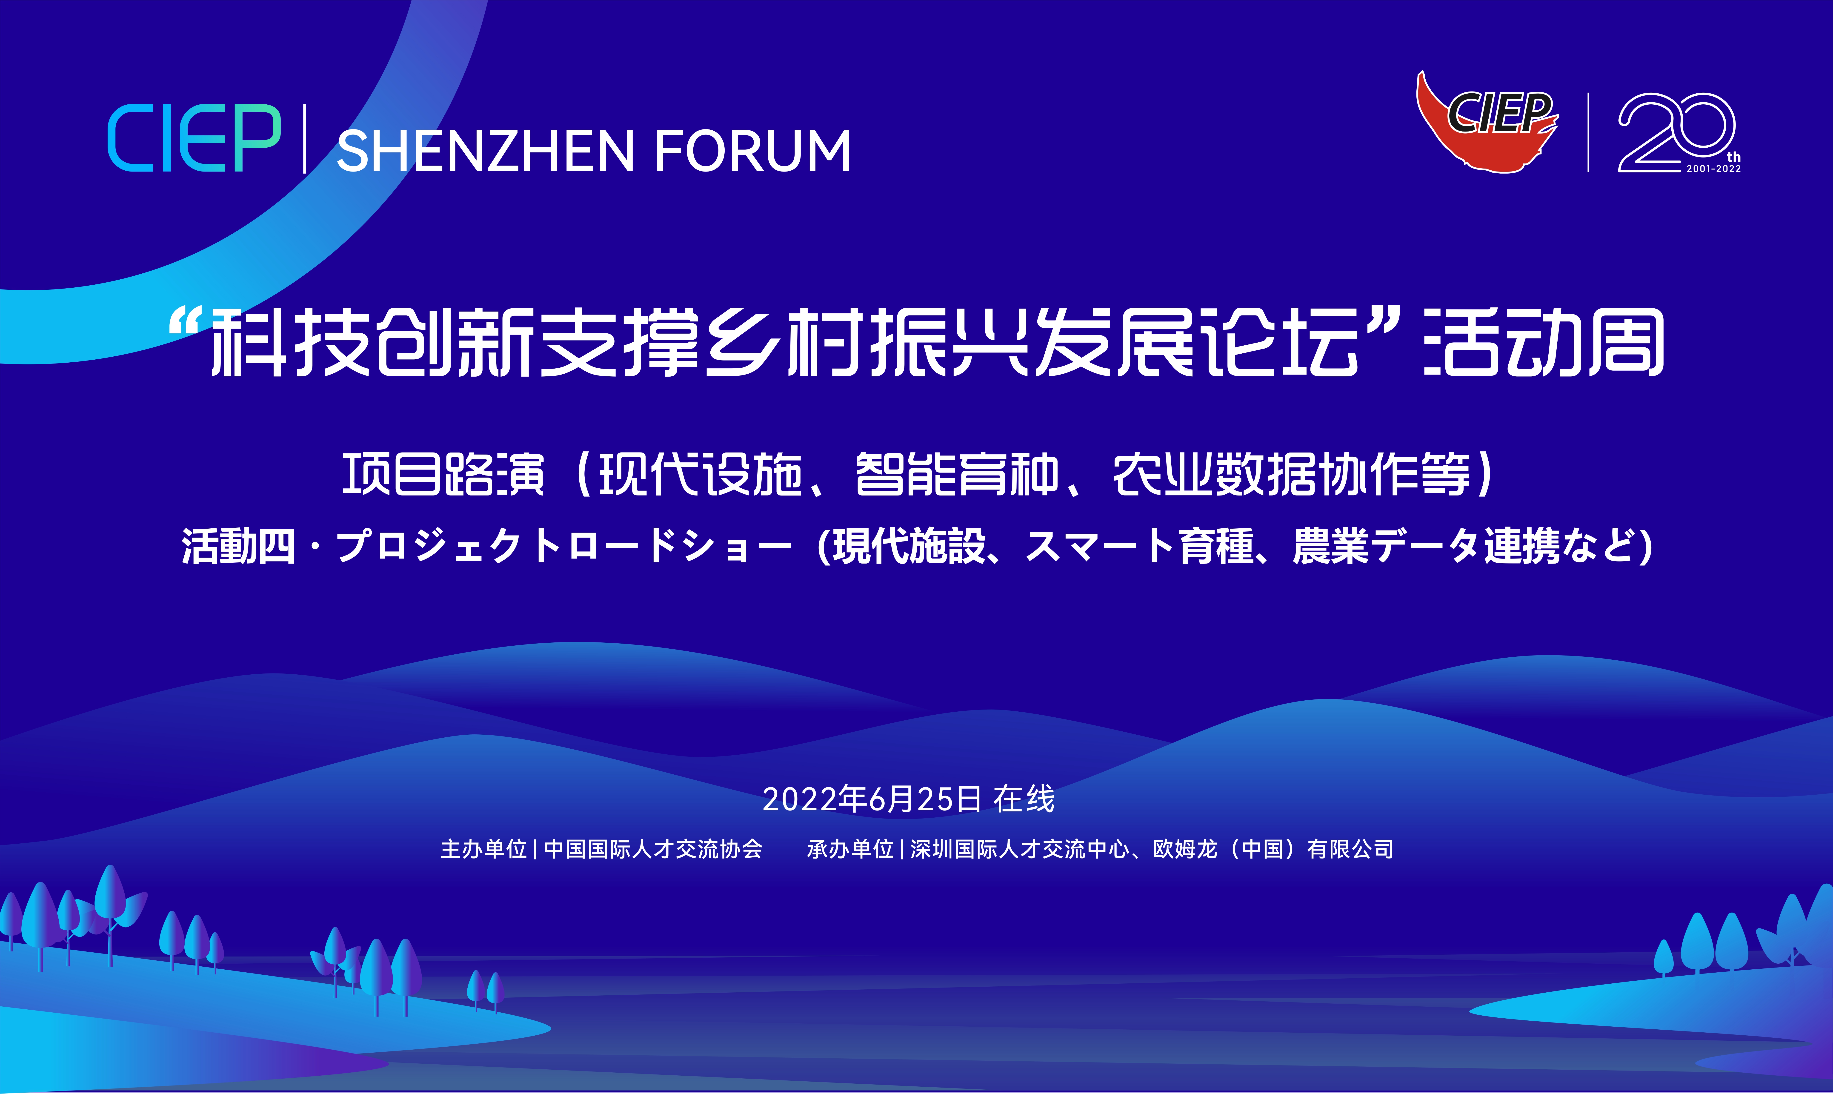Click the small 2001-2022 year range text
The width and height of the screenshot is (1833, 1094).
(x=1714, y=169)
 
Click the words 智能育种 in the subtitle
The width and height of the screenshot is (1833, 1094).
(x=957, y=474)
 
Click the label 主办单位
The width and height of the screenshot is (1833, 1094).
(x=483, y=849)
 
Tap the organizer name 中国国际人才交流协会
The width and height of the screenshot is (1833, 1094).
(x=653, y=849)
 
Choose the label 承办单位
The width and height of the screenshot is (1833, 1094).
(x=851, y=849)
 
